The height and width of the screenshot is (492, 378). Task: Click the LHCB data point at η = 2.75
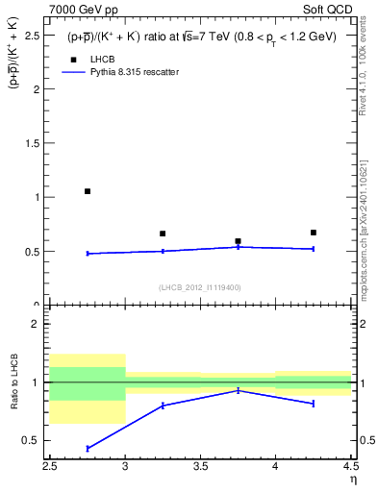(x=88, y=191)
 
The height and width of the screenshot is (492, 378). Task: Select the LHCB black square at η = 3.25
(x=163, y=234)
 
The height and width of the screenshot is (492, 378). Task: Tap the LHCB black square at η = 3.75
(x=238, y=241)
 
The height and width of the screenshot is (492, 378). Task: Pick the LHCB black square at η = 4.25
(x=313, y=233)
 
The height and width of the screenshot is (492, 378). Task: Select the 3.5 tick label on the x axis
(x=200, y=467)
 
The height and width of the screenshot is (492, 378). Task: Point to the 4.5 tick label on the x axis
(x=349, y=467)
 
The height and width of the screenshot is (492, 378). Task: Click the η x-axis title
(x=352, y=480)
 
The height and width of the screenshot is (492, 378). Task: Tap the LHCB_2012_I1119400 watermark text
(x=200, y=287)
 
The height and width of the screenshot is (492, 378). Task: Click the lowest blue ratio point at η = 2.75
(x=88, y=449)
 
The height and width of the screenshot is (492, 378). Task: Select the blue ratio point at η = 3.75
(x=238, y=390)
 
